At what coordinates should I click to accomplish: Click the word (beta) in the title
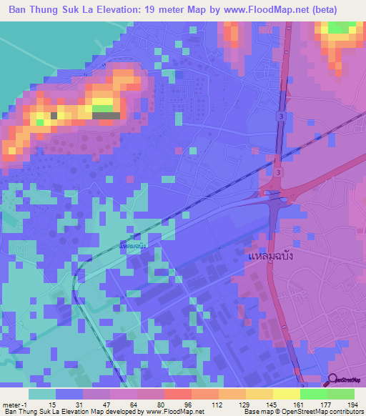pos(335,10)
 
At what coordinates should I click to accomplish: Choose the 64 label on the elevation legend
pos(136,405)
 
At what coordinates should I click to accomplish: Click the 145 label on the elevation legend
pos(272,405)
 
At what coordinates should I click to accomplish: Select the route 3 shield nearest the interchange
pos(277,172)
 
